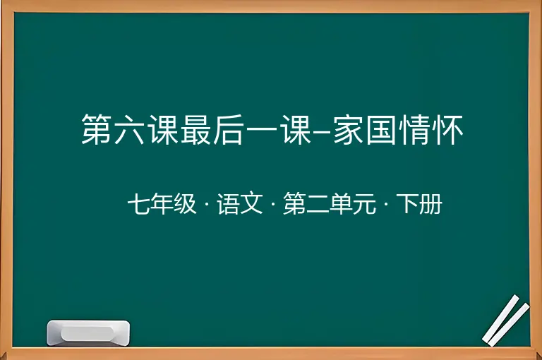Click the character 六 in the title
click(x=129, y=129)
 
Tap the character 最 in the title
click(x=195, y=129)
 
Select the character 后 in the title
click(x=228, y=129)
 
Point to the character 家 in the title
click(x=348, y=129)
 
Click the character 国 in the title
click(x=381, y=129)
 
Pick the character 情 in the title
click(x=414, y=129)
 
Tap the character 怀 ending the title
click(x=447, y=129)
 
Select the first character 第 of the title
click(x=97, y=129)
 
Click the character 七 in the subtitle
click(x=139, y=203)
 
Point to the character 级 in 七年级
click(x=185, y=203)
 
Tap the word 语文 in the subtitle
click(x=240, y=203)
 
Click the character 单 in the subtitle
click(x=341, y=203)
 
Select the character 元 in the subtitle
click(x=364, y=203)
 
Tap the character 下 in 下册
click(x=407, y=203)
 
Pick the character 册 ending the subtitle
click(x=430, y=203)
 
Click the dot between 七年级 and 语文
click(x=207, y=204)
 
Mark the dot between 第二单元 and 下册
click(x=386, y=204)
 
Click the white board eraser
click(x=88, y=332)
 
